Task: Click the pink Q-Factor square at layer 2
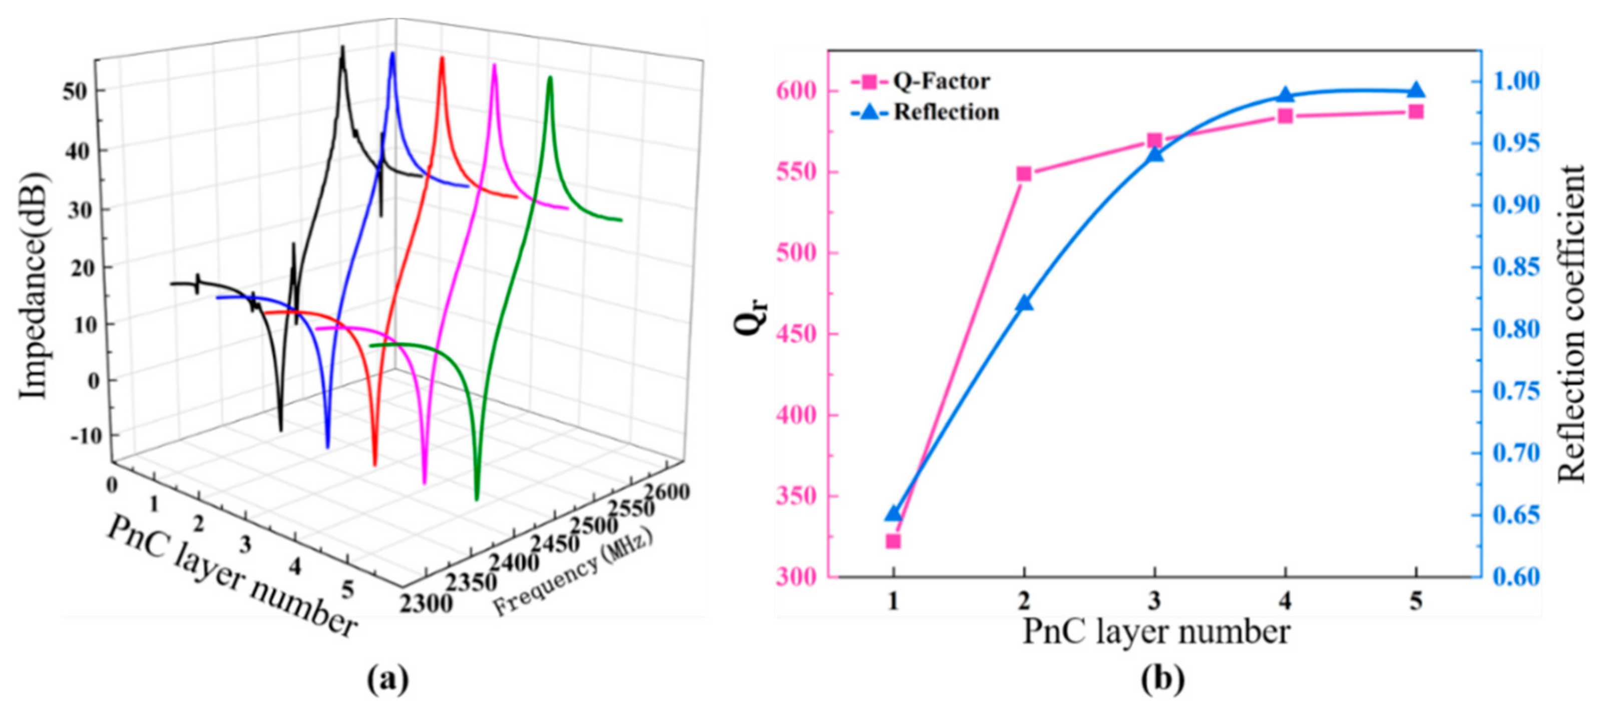click(x=1024, y=174)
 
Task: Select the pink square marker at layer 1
click(x=893, y=541)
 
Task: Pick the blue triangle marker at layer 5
click(x=1416, y=90)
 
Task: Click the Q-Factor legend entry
click(x=920, y=82)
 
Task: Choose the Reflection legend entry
click(x=925, y=112)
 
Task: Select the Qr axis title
click(x=751, y=317)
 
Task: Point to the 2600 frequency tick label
click(x=667, y=492)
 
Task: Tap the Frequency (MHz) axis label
click(x=573, y=572)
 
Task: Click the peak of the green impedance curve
click(x=549, y=79)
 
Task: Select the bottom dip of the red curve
click(x=375, y=464)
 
